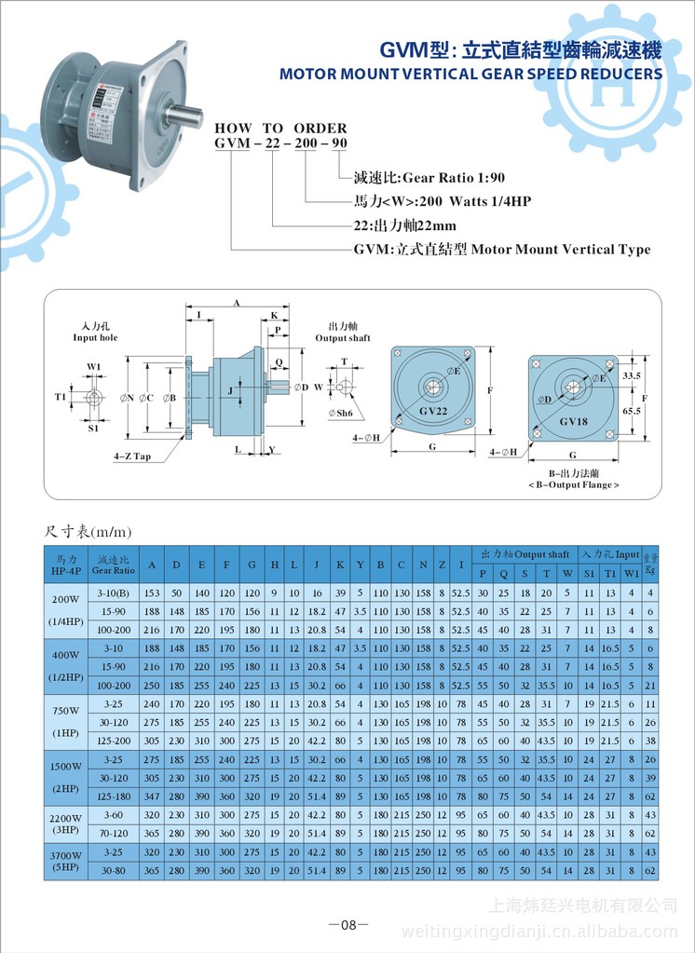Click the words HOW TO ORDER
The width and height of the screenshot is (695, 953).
[280, 128]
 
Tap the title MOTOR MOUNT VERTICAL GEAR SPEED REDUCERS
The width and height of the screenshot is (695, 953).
[471, 74]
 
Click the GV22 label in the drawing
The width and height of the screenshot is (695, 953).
[435, 410]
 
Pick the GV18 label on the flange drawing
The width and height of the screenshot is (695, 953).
[573, 420]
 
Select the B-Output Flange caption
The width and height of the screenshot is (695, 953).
[573, 485]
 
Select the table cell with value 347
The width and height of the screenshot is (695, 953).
[152, 796]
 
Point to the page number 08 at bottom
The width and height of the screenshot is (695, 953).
[348, 925]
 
